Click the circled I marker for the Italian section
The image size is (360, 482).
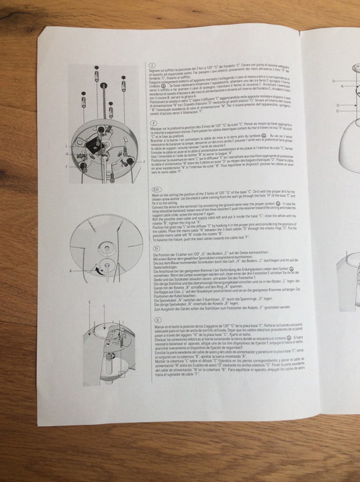pos(152,66)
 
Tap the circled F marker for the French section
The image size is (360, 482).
pos(152,121)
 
